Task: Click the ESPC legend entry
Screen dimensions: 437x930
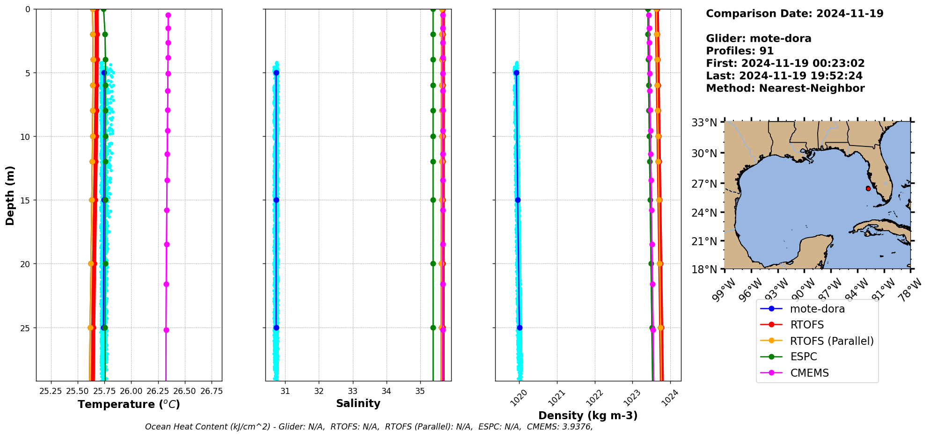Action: pyautogui.click(x=803, y=357)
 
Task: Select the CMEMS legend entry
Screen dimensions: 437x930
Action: pyautogui.click(x=809, y=373)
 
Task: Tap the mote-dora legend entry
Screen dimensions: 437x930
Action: pyautogui.click(x=817, y=309)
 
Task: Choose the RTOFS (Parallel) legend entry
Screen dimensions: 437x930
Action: pyautogui.click(x=832, y=341)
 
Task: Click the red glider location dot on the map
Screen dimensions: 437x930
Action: pyautogui.click(x=868, y=189)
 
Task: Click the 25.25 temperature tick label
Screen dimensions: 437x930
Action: pyautogui.click(x=51, y=391)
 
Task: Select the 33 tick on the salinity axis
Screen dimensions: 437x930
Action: pyautogui.click(x=353, y=391)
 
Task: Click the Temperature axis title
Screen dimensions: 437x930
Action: pyautogui.click(x=129, y=404)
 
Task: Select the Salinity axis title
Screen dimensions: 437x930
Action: pyautogui.click(x=358, y=403)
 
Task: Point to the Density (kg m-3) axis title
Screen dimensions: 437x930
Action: pyautogui.click(x=588, y=415)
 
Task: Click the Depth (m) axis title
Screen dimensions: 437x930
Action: pyautogui.click(x=10, y=196)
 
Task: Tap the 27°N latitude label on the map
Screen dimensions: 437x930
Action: pyautogui.click(x=704, y=184)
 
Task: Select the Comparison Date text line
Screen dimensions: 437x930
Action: pyautogui.click(x=794, y=14)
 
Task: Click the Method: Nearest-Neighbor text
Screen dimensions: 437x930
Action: pyautogui.click(x=785, y=88)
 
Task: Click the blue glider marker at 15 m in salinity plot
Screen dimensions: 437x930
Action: pyautogui.click(x=276, y=200)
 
